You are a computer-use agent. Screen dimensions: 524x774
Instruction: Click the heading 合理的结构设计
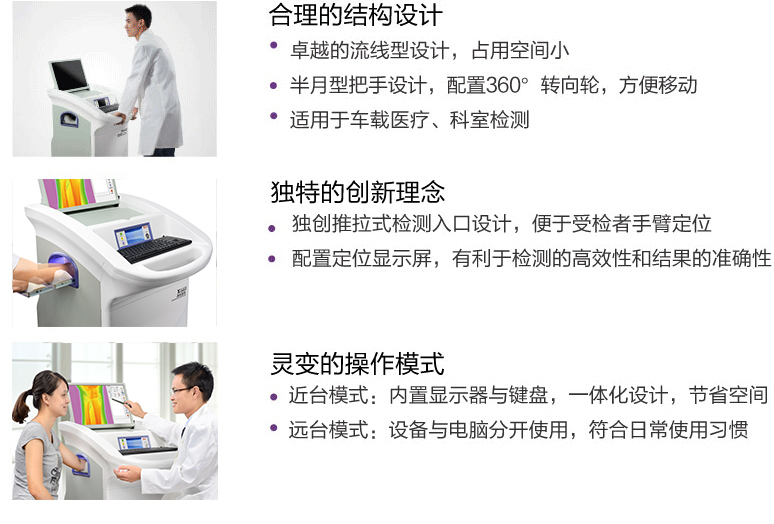pos(355,17)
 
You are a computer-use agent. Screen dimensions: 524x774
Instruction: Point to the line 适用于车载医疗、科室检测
pos(409,120)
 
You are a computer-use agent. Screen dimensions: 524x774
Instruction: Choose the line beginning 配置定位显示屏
pos(531,259)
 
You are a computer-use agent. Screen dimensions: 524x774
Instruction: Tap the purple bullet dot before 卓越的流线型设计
pos(274,46)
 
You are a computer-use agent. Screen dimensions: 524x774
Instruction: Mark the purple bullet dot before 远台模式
pos(274,429)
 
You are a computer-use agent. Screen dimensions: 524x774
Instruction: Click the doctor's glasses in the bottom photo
pos(182,390)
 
